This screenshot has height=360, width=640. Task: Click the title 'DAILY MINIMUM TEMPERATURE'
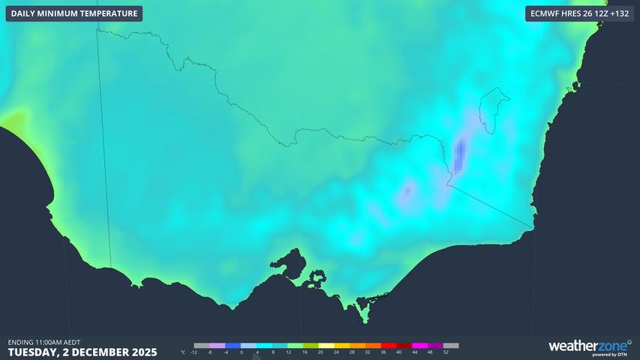pyautogui.click(x=74, y=13)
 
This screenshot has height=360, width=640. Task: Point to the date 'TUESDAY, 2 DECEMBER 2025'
pyautogui.click(x=82, y=351)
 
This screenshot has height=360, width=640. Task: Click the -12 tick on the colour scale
pyautogui.click(x=194, y=352)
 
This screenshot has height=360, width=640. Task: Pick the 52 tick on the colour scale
pyautogui.click(x=446, y=352)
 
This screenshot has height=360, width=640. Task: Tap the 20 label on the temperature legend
pyautogui.click(x=320, y=352)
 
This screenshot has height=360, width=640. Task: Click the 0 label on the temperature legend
pyautogui.click(x=242, y=352)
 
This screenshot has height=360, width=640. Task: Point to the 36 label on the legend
pyautogui.click(x=383, y=352)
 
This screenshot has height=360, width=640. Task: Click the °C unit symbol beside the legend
pyautogui.click(x=182, y=352)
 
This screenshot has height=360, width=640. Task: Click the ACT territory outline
pyautogui.click(x=493, y=110)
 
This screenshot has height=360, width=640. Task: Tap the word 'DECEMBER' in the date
pyautogui.click(x=109, y=351)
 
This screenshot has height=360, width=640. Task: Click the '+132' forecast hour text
pyautogui.click(x=616, y=13)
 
